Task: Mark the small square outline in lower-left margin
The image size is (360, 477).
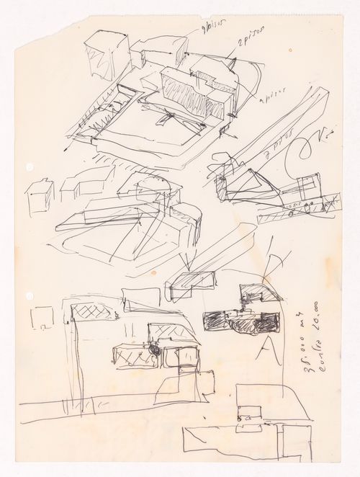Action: [43, 318]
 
